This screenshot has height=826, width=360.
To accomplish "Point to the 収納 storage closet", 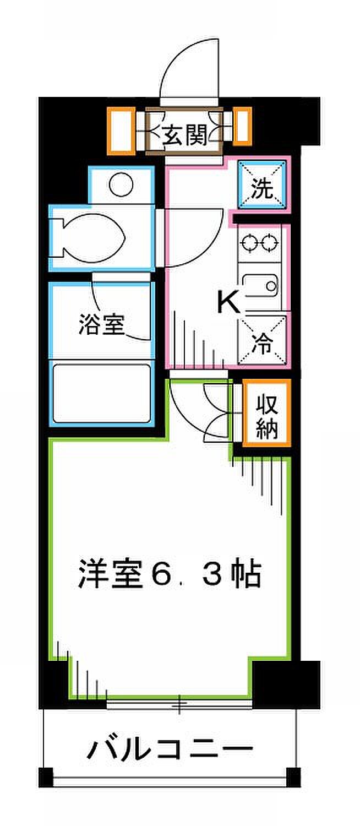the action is click(267, 412).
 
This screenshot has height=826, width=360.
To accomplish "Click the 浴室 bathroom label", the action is click(102, 324).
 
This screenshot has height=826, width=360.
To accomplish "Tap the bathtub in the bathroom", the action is click(102, 393).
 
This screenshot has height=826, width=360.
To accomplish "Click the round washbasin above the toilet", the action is click(121, 184).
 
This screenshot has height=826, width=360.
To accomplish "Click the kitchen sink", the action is click(260, 286).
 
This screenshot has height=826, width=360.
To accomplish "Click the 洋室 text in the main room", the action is click(110, 574).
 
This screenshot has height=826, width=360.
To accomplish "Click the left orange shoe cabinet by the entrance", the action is click(121, 131).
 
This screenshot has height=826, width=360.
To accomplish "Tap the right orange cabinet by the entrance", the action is click(242, 126).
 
